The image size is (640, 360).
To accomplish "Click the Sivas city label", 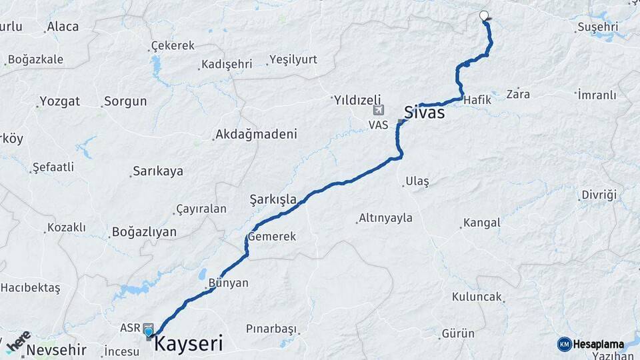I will (x=424, y=112).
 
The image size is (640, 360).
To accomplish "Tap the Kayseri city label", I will (x=189, y=343).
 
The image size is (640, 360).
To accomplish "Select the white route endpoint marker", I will (x=484, y=16).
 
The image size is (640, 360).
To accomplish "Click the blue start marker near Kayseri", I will (x=147, y=331).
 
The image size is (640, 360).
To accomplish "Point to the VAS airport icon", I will (x=379, y=110).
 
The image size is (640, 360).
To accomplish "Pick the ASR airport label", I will (x=130, y=328).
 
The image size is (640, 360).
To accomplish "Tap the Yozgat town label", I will (x=59, y=101).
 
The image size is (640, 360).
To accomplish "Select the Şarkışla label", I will (x=273, y=199).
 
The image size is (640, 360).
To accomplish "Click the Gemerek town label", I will (x=271, y=237).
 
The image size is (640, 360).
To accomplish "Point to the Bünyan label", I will (x=228, y=283).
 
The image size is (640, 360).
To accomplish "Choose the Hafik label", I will (x=477, y=99).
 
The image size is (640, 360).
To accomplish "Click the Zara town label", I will (x=518, y=94).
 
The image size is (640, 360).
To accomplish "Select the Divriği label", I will (x=599, y=194).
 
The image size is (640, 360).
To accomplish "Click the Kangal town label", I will (x=481, y=222).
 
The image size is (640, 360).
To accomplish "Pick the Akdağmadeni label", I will (x=255, y=135).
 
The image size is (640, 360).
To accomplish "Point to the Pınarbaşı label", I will (x=270, y=329).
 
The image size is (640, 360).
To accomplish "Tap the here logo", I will (x=19, y=341).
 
